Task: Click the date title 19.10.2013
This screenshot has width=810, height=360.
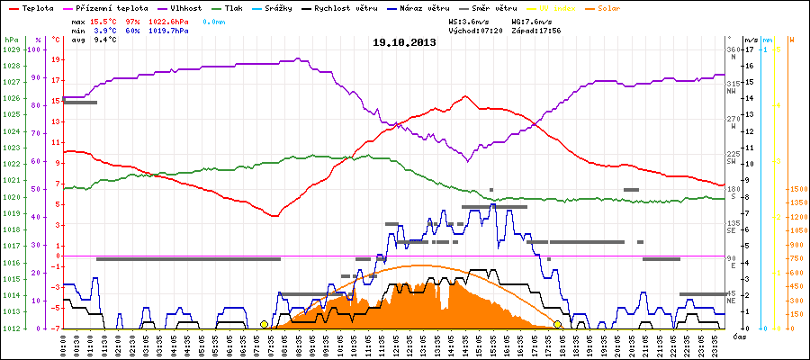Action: click(405, 41)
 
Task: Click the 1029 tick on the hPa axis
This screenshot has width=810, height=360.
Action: click(11, 49)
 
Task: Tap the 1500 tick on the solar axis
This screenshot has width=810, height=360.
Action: click(797, 189)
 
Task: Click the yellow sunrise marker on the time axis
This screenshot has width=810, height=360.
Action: click(264, 324)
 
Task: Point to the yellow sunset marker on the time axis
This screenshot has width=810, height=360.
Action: click(557, 324)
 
